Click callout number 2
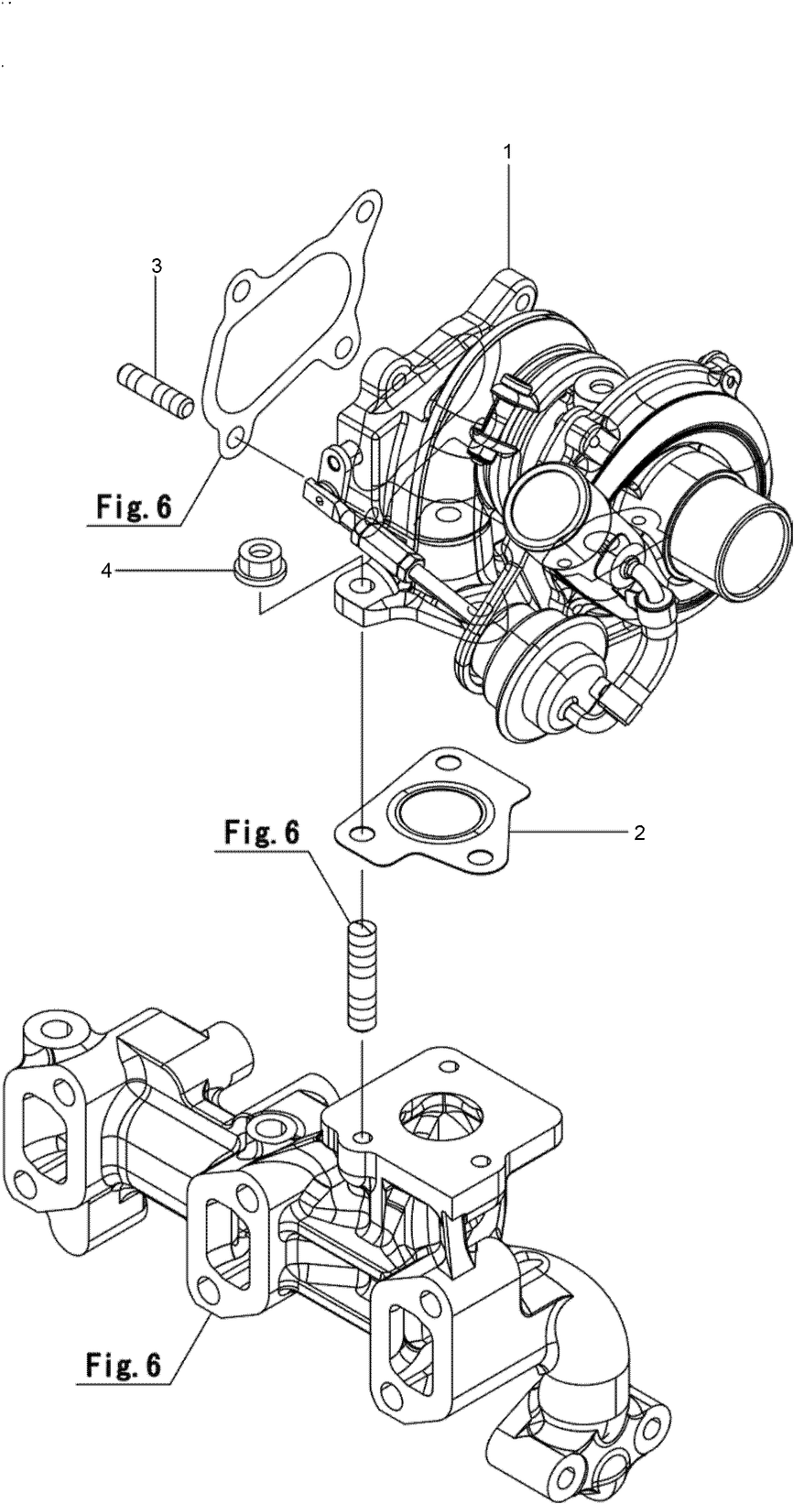(639, 833)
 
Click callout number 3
(157, 266)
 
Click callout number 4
(106, 570)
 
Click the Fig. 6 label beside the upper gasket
(134, 507)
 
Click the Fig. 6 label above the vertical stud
(261, 832)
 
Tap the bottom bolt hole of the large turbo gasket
(234, 442)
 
